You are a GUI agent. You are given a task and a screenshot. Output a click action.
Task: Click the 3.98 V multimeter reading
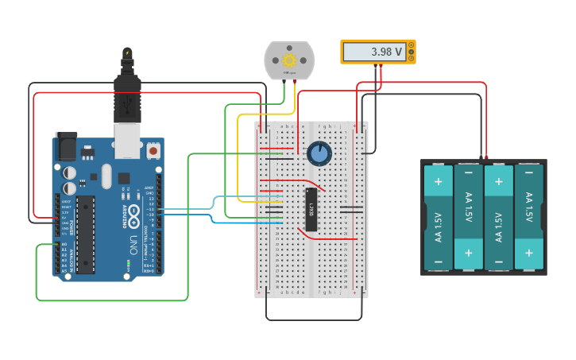tap(373, 52)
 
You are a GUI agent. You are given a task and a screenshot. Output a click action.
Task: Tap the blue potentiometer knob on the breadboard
tap(319, 153)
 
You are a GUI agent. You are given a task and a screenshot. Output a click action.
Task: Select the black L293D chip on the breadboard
tap(311, 210)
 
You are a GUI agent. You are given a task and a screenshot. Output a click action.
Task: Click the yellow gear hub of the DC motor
tap(289, 60)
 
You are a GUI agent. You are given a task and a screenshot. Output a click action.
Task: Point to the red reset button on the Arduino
tap(153, 149)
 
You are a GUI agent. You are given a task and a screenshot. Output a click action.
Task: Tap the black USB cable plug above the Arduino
tap(127, 91)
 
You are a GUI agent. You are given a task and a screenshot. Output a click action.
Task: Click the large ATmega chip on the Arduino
tap(86, 234)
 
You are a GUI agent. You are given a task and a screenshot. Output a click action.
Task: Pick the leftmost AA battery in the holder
tap(439, 217)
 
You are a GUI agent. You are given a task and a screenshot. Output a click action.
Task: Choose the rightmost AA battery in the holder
tap(529, 217)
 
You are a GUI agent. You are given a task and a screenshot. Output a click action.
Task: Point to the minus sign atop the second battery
tap(469, 172)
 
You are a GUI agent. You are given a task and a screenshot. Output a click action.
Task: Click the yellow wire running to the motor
tap(238, 159)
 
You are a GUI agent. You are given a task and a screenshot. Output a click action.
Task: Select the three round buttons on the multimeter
tap(411, 52)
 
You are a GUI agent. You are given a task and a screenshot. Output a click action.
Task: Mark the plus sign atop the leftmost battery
tap(439, 181)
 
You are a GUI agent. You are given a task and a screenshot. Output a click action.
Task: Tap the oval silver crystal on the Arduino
tap(106, 176)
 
